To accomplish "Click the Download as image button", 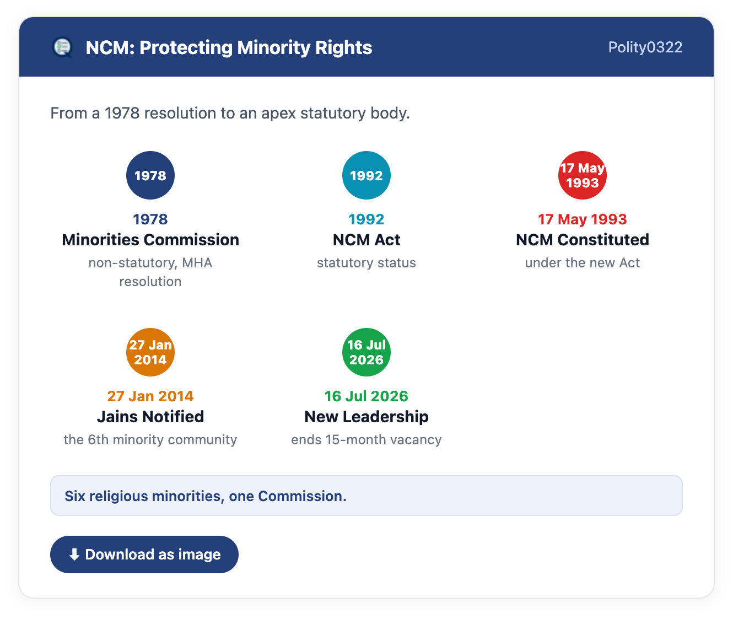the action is tap(144, 555).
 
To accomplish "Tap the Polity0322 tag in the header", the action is tap(645, 47).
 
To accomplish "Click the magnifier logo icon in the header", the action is tap(62, 47).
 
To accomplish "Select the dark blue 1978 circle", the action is tap(150, 175).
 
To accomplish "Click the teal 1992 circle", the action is tap(366, 175).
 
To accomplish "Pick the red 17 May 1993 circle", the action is tap(583, 175).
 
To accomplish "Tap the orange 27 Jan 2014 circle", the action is tap(150, 352).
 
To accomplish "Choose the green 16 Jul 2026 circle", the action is tap(366, 352).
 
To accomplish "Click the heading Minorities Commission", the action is tap(150, 240).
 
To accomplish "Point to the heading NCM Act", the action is tap(366, 240).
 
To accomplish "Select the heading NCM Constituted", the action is tap(583, 240).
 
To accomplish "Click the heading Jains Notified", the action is tap(150, 417).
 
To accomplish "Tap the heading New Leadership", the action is tap(366, 417).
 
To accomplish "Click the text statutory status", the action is tap(366, 262).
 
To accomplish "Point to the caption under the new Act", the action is tap(583, 262).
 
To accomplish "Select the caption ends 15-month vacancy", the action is tap(366, 440).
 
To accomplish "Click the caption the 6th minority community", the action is tap(150, 440).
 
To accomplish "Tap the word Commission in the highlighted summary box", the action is tap(302, 496).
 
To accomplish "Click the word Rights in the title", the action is tap(343, 47).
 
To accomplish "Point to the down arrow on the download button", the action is tap(74, 555).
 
